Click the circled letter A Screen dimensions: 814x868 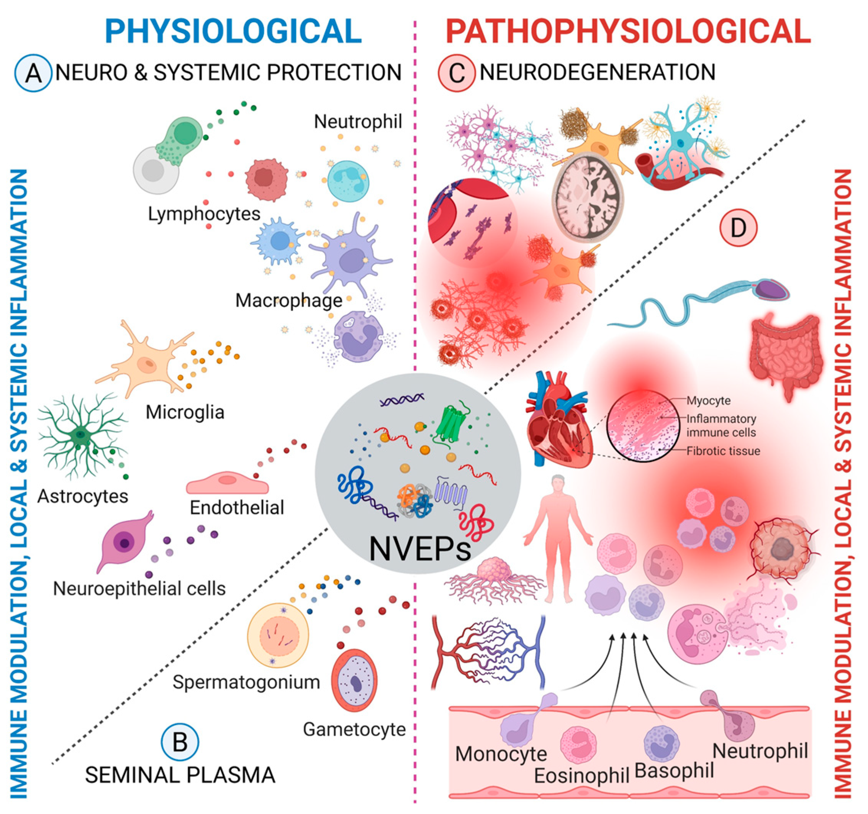pos(33,73)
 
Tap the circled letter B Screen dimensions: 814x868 pos(180,742)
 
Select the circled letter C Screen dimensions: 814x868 pos(456,73)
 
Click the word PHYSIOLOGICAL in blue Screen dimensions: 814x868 pos(233,31)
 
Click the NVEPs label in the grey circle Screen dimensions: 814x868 pos(420,549)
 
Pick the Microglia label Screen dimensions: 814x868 pos(185,412)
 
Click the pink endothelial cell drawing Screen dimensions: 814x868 pos(227,482)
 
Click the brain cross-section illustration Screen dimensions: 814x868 pos(588,197)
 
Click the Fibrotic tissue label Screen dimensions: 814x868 pos(723,451)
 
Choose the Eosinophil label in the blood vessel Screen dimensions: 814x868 pos(581,776)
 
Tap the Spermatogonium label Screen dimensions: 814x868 pos(246,682)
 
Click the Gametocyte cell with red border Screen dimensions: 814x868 pos(355,680)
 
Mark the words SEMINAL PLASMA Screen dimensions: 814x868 pos(180,776)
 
